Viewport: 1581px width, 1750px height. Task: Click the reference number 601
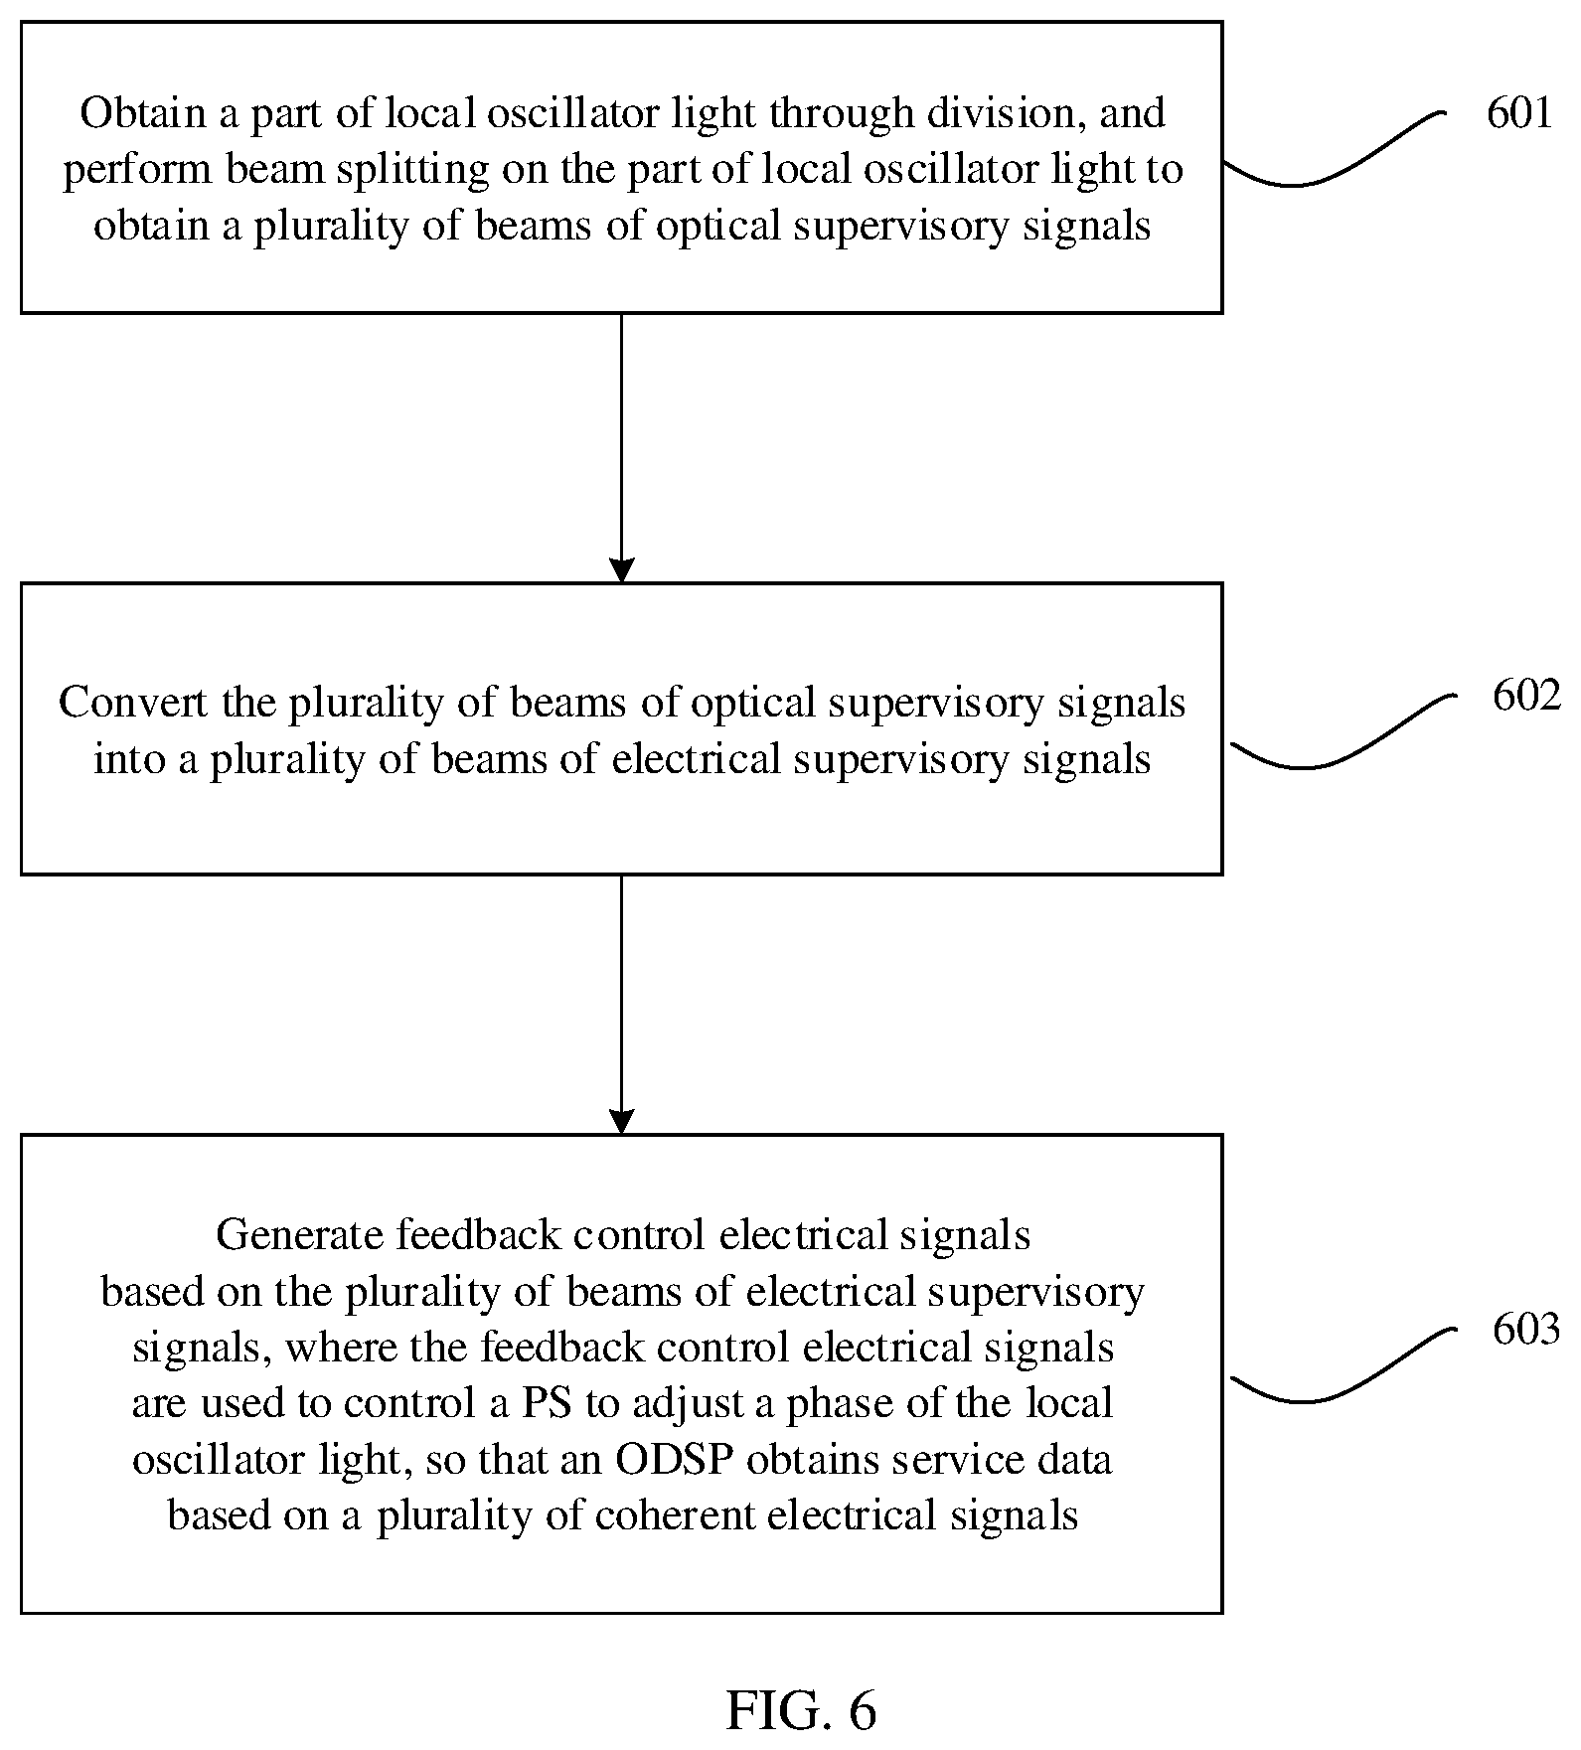(x=1518, y=113)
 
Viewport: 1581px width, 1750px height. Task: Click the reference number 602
(x=1525, y=696)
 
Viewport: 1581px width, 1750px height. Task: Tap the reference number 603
(x=1525, y=1329)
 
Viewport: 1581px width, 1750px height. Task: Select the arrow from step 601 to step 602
(x=621, y=448)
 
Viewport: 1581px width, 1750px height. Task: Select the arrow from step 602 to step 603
(x=621, y=1005)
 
